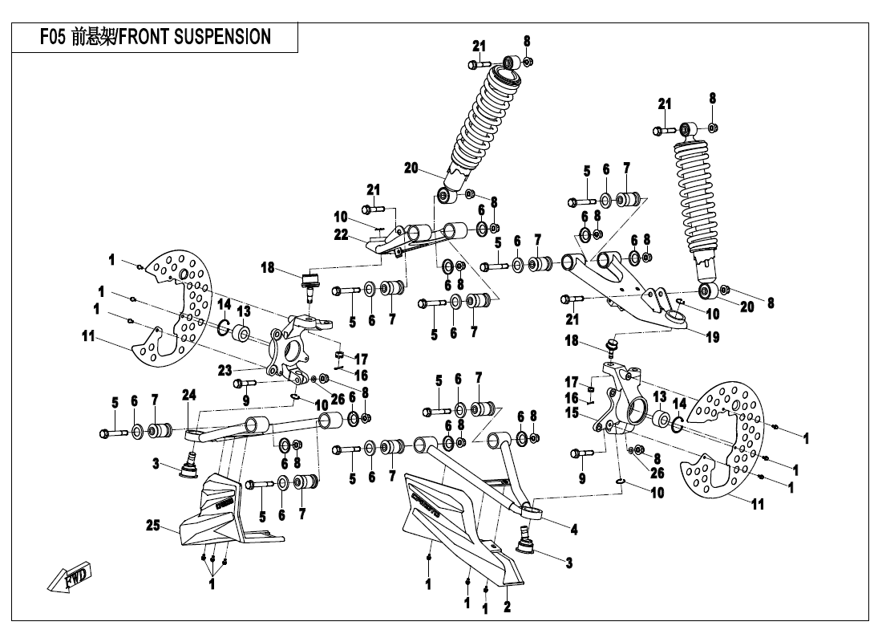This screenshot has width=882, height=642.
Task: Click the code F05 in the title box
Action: tap(54, 37)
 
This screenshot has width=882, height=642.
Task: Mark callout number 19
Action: tap(712, 337)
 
